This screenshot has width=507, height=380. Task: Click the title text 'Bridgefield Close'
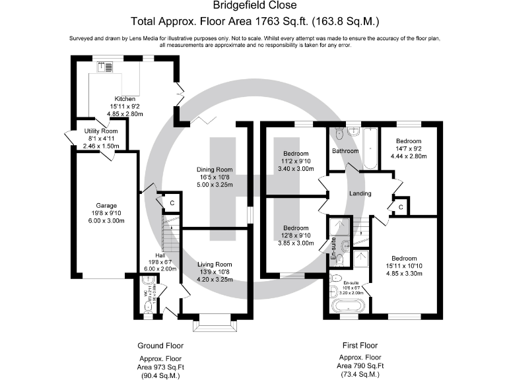(x=253, y=7)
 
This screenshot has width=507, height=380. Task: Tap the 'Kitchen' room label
(x=125, y=99)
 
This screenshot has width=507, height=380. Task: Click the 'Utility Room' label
(x=100, y=131)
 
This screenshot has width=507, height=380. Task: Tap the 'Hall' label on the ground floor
(x=160, y=255)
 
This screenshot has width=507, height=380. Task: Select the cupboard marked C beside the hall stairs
(x=171, y=203)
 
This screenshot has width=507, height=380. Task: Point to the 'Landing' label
(x=360, y=194)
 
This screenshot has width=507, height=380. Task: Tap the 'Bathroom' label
(x=345, y=151)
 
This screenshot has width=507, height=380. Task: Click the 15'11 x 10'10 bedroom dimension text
(x=403, y=266)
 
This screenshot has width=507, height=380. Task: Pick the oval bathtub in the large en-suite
(x=346, y=305)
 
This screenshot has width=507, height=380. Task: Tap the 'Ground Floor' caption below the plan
(x=160, y=346)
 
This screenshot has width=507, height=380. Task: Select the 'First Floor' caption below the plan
(x=360, y=346)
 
